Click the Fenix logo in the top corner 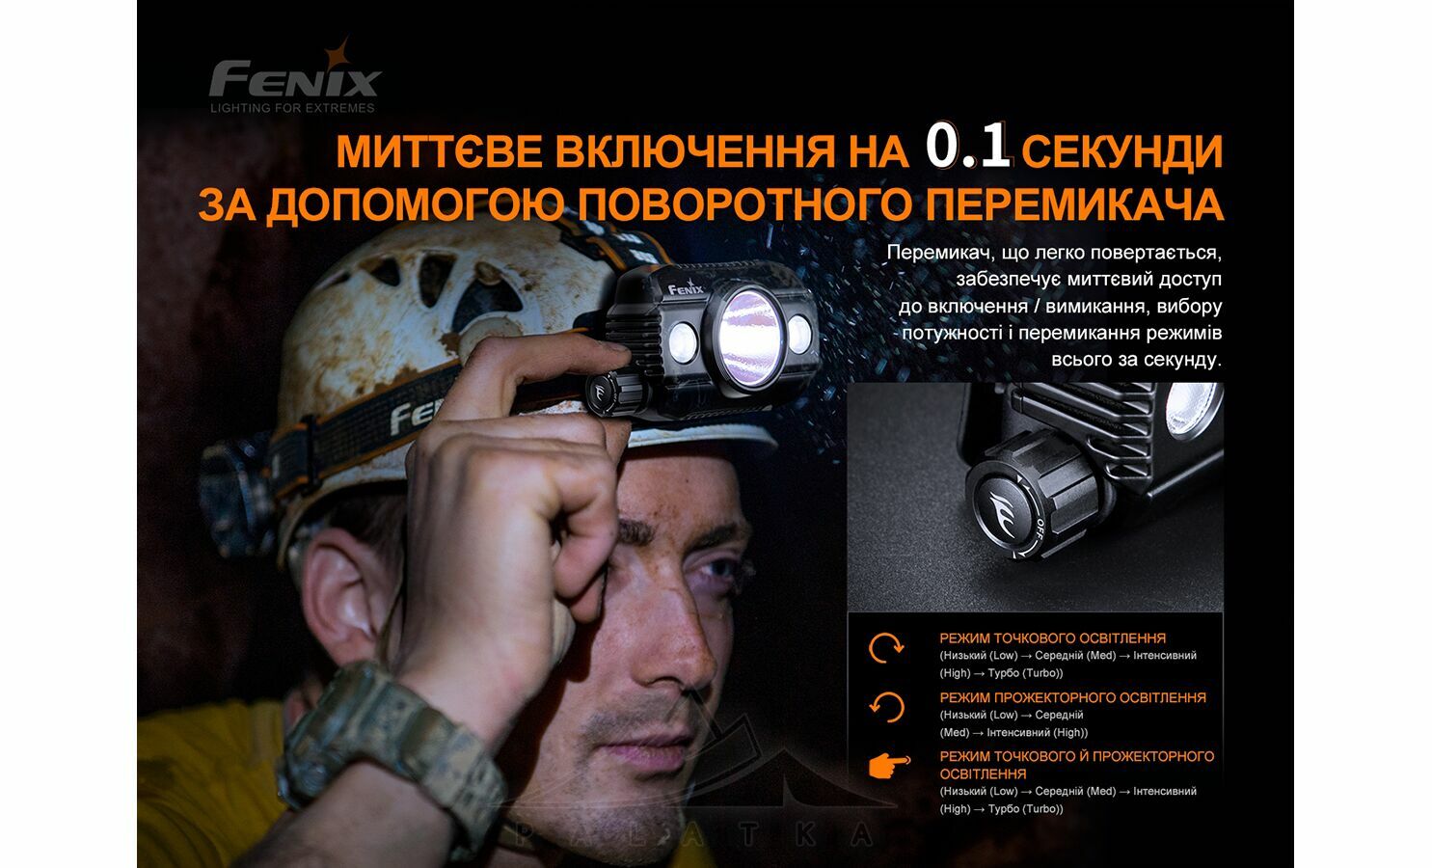tap(295, 75)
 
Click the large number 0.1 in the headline tap(968, 147)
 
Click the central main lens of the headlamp tap(750, 337)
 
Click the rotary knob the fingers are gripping tap(611, 393)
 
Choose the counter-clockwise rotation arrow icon tap(887, 708)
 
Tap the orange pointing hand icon tap(889, 765)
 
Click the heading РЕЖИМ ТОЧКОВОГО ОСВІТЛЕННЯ tap(1052, 637)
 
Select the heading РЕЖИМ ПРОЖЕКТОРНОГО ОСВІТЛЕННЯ tap(1072, 697)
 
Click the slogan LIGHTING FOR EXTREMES tap(292, 108)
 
